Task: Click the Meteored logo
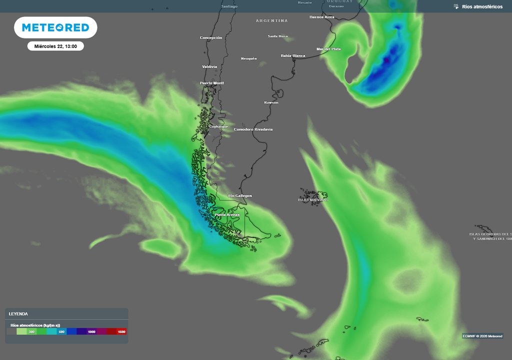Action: click(x=55, y=27)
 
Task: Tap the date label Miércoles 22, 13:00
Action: click(x=55, y=46)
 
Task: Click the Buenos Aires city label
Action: click(x=322, y=17)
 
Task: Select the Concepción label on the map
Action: click(x=211, y=38)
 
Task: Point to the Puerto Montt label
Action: click(x=212, y=83)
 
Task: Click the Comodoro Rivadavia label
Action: click(x=253, y=129)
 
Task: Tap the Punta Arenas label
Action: click(x=227, y=215)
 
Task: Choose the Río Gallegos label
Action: click(x=240, y=195)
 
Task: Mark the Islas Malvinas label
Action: click(x=313, y=200)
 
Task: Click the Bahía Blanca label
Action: click(x=293, y=55)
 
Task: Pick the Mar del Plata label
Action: click(x=328, y=49)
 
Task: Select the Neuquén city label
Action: click(x=249, y=58)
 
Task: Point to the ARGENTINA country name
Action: click(x=272, y=21)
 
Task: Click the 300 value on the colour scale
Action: click(x=31, y=331)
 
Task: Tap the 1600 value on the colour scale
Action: click(x=121, y=331)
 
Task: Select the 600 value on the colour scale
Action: click(x=61, y=331)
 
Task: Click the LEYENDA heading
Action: click(x=18, y=314)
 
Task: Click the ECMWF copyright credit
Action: click(x=482, y=336)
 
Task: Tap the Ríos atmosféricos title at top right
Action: click(x=482, y=6)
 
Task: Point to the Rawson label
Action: click(x=271, y=102)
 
